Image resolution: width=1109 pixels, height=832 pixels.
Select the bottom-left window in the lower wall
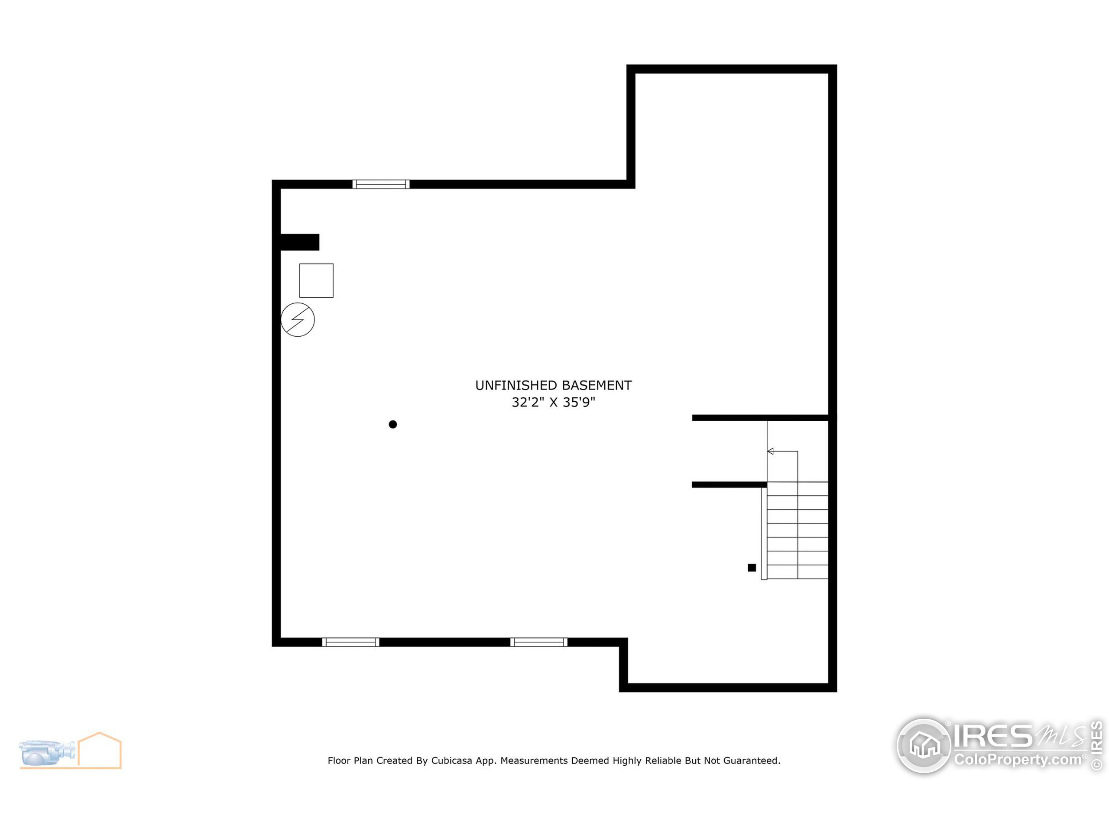tap(350, 642)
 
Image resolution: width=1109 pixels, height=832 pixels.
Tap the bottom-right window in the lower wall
tap(538, 642)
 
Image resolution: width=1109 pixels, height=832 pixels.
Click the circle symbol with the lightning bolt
tap(297, 319)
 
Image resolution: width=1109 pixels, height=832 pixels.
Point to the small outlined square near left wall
tap(316, 280)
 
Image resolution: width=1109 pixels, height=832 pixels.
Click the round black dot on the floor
tap(392, 424)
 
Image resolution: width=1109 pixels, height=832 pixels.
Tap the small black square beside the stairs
tap(752, 568)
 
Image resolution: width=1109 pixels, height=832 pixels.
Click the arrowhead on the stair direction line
tap(771, 452)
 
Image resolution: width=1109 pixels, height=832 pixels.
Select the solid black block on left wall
tap(299, 242)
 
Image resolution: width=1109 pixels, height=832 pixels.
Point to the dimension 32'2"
tap(528, 402)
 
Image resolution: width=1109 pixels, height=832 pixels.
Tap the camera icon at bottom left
tap(48, 752)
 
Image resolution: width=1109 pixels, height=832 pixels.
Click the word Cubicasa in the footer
tap(451, 760)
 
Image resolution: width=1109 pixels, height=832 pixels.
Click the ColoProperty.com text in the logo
tap(1018, 759)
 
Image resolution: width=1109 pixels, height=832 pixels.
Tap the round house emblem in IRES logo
tap(924, 745)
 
